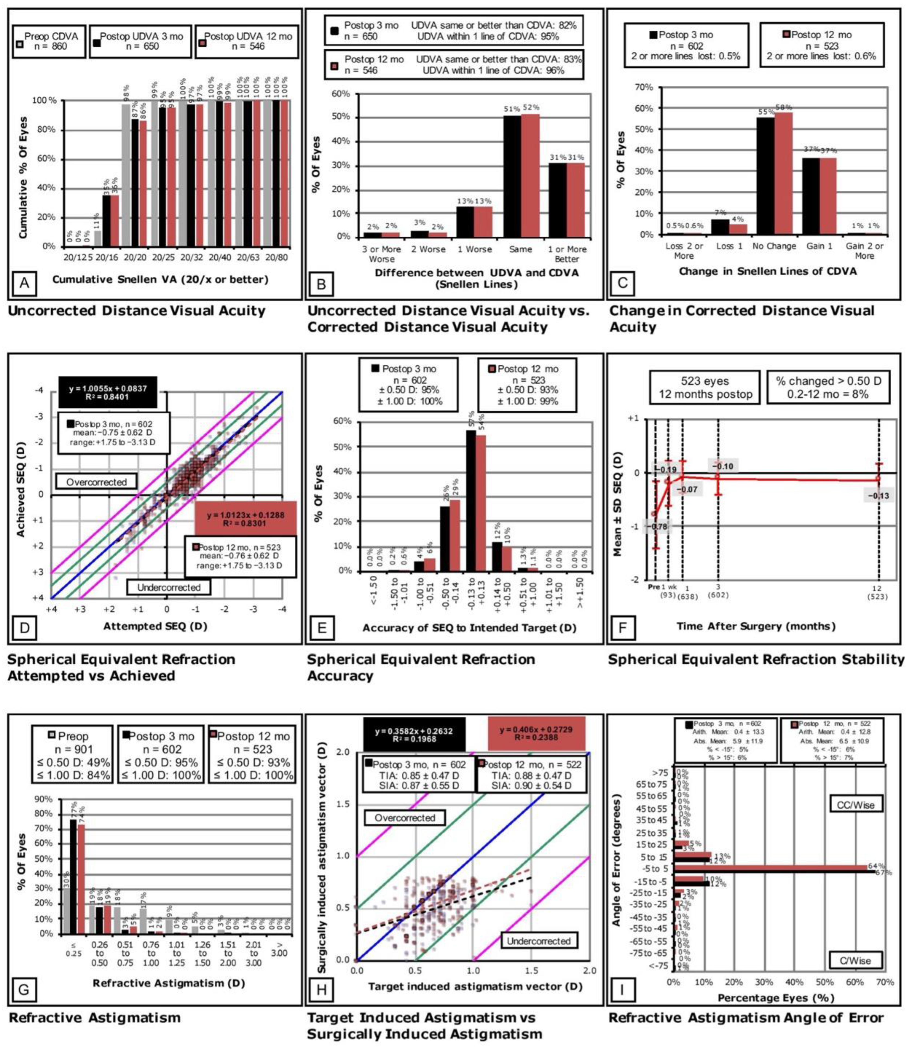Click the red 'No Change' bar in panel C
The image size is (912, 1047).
(x=784, y=173)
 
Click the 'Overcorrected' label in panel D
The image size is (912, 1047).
(x=97, y=482)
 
